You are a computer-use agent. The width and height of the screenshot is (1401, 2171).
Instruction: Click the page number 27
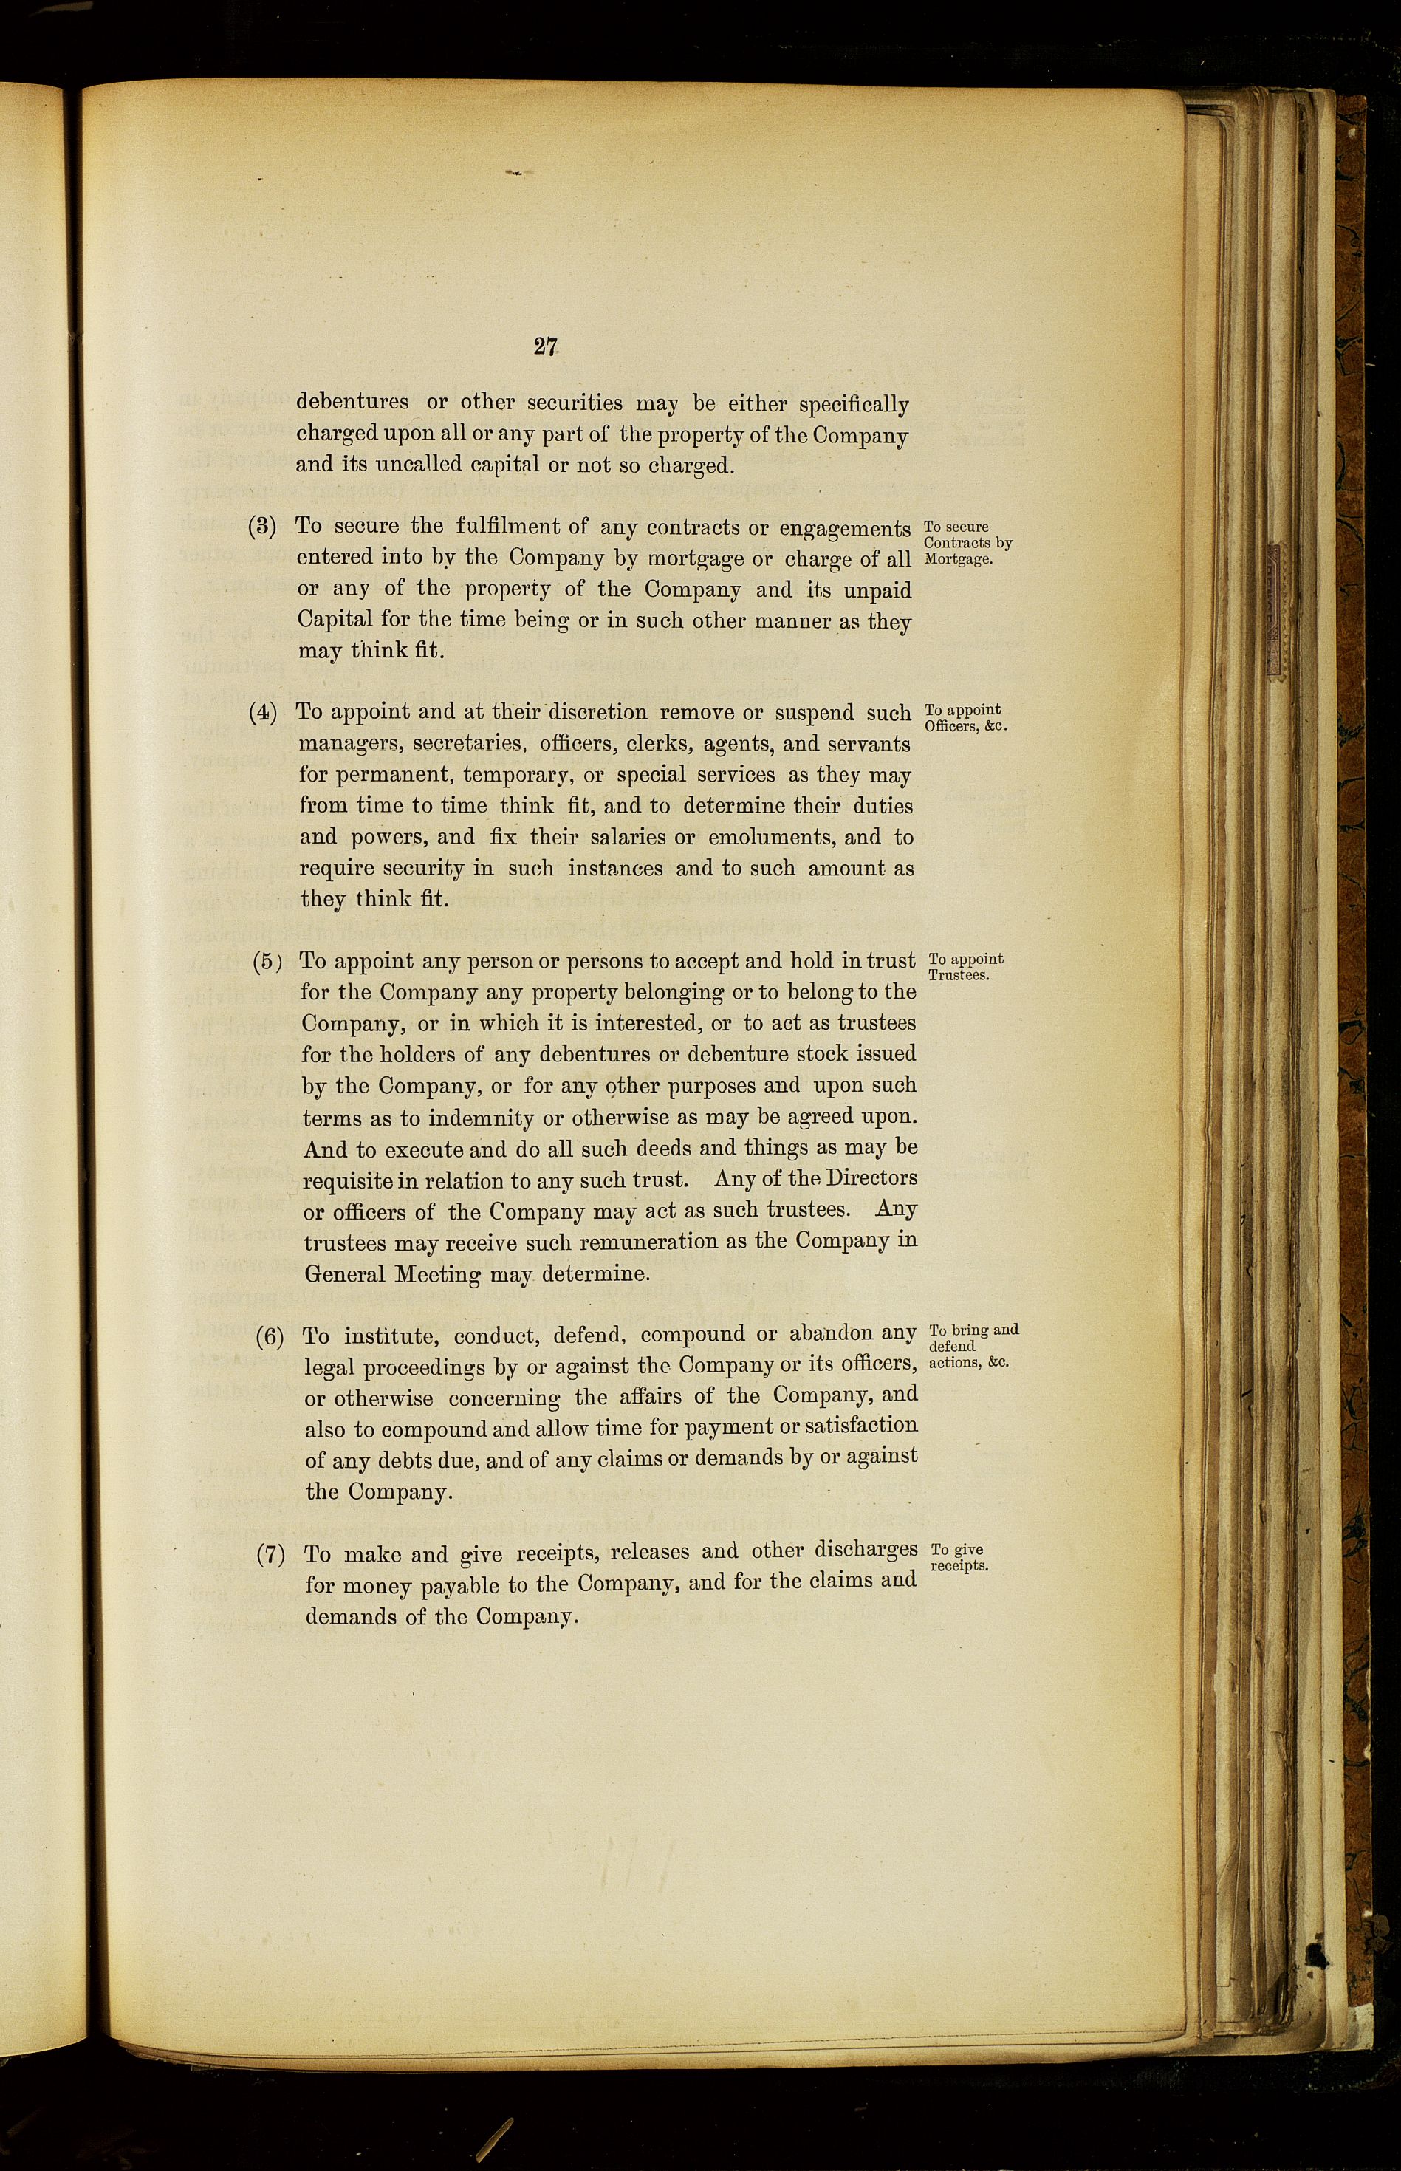pos(545,346)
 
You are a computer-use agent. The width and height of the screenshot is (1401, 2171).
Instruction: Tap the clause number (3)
pos(263,527)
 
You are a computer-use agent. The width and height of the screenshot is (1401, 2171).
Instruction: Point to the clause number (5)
pos(267,962)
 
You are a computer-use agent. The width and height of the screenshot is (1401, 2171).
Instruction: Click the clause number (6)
pos(270,1336)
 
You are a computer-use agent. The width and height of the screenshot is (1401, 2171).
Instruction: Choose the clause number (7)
pos(270,1554)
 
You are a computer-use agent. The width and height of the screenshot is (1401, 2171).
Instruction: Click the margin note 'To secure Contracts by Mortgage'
pos(966,542)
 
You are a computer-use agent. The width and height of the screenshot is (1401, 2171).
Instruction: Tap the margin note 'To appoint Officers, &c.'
pos(965,718)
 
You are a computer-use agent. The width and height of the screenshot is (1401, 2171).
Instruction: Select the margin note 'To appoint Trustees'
pos(965,966)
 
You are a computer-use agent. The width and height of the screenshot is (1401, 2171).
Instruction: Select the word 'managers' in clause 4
pos(350,745)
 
